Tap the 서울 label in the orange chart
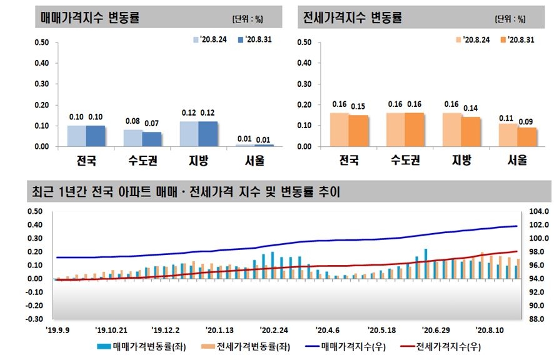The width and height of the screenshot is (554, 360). [x=516, y=161]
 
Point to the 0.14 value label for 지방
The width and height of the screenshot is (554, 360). [x=471, y=109]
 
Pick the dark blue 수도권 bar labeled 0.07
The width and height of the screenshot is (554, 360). [x=151, y=139]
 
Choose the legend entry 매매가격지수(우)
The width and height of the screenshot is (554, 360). [x=341, y=346]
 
